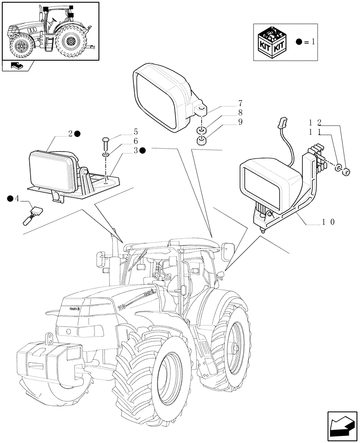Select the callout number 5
[136, 131]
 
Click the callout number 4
[17, 199]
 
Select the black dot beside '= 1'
[299, 42]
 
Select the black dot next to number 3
[143, 151]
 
